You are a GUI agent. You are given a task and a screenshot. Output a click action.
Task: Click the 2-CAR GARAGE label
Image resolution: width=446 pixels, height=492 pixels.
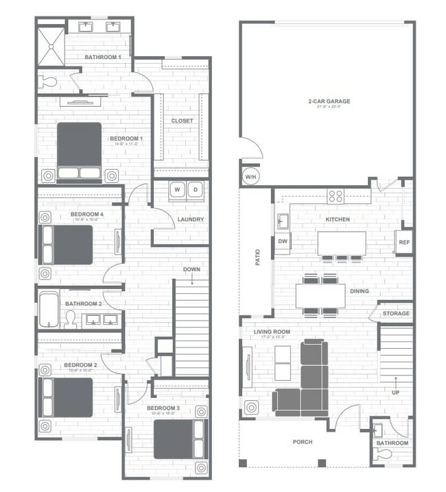(x=325, y=101)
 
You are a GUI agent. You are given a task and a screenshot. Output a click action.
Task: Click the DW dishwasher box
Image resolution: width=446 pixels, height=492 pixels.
(x=283, y=241)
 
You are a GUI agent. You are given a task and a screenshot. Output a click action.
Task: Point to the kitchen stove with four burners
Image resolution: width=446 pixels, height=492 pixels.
(x=335, y=196)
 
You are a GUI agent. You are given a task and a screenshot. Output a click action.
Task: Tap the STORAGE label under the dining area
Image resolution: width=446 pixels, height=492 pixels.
(x=396, y=314)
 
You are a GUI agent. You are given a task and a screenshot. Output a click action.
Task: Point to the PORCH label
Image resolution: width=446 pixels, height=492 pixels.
(x=302, y=442)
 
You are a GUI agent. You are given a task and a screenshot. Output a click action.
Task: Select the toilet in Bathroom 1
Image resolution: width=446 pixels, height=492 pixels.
(x=47, y=82)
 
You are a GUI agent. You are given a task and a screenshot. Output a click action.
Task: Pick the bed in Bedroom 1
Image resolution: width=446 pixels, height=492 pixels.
(x=79, y=151)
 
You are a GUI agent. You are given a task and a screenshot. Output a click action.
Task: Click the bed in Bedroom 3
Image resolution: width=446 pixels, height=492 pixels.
(x=178, y=439)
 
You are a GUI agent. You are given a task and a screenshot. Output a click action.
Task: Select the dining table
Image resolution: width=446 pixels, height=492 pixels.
(x=320, y=295)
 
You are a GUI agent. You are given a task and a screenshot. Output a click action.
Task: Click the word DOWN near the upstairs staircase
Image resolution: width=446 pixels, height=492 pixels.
(x=191, y=269)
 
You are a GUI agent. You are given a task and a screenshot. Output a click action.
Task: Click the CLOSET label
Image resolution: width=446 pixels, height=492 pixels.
(x=182, y=121)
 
